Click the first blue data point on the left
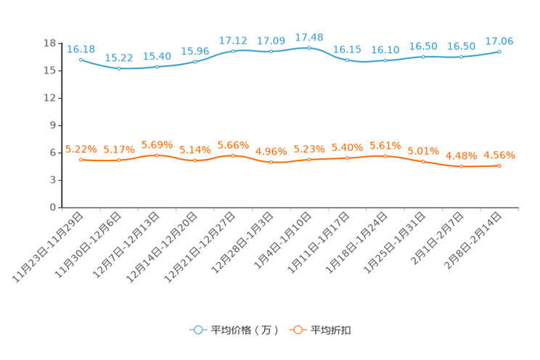(81, 60)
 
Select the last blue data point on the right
(499, 52)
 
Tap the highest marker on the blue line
(309, 48)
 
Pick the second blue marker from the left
(119, 68)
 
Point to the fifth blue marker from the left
(233, 51)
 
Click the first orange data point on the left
(81, 159)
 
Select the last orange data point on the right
(499, 165)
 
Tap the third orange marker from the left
(157, 155)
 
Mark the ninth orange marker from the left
(385, 155)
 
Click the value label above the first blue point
(81, 49)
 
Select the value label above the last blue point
(499, 41)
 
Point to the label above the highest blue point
(309, 37)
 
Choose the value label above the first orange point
(81, 149)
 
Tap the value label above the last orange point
(499, 155)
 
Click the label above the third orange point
(157, 144)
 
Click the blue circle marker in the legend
(197, 330)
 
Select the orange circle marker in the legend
(297, 330)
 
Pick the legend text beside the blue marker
(245, 330)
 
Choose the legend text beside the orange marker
(331, 330)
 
